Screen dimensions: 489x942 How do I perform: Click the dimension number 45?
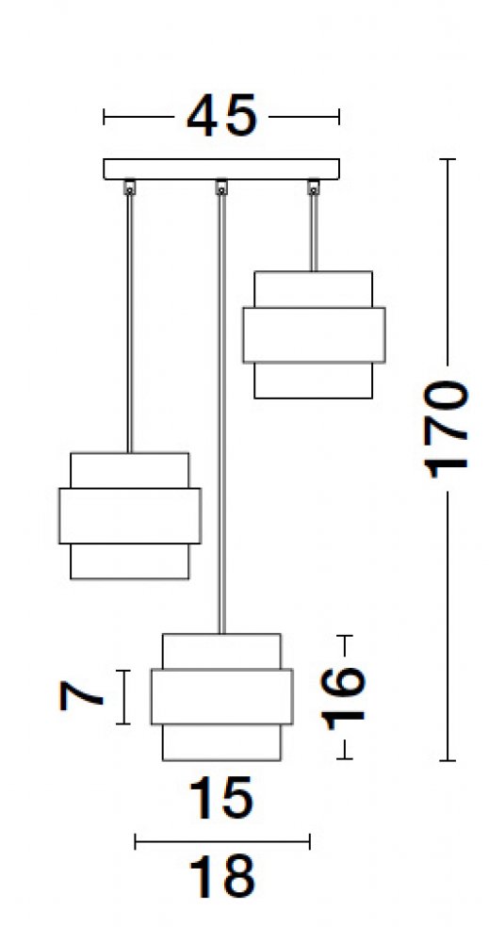tap(221, 115)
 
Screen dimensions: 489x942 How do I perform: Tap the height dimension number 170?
tap(445, 429)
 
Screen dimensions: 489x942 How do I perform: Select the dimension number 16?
tap(343, 696)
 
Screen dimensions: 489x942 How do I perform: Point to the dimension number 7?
tap(80, 696)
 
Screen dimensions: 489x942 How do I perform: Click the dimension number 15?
tap(221, 798)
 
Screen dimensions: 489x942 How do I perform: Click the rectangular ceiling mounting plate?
tap(221, 170)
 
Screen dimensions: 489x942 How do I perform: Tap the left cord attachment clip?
tap(129, 188)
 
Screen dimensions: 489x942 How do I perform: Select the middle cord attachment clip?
tap(221, 188)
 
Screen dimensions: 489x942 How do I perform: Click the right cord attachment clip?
tap(313, 188)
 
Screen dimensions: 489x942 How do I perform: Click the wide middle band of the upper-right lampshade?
tap(314, 335)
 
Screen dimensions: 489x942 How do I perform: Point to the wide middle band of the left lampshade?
tap(130, 516)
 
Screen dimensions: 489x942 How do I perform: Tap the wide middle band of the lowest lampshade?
tap(221, 696)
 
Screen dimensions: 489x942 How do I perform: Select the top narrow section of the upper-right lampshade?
tap(313, 289)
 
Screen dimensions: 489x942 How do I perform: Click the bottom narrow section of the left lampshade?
tap(130, 561)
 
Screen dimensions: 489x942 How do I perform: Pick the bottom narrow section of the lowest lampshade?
tap(221, 742)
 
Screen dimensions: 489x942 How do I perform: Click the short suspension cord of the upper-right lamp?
tap(313, 233)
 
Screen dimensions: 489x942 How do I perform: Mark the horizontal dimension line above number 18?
tap(222, 841)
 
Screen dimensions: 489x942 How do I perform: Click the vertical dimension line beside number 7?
tap(123, 697)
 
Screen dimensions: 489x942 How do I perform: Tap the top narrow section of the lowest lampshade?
tap(221, 651)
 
